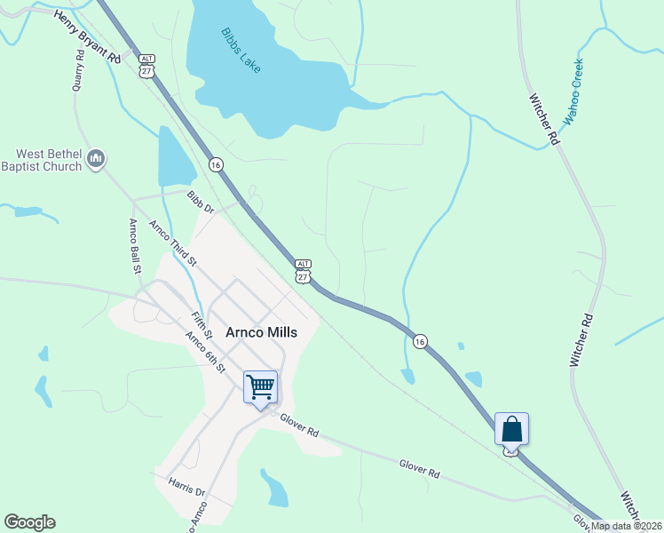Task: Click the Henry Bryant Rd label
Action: [x=87, y=36]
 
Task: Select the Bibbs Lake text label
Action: [x=241, y=50]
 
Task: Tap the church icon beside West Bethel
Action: [x=97, y=160]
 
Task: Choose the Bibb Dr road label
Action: [x=202, y=201]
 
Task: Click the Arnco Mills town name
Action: [x=261, y=332]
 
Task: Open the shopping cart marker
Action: [x=260, y=387]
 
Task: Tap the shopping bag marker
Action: [x=511, y=429]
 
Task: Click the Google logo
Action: [x=29, y=522]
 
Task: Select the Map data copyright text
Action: [x=625, y=526]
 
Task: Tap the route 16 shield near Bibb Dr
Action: [x=216, y=164]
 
